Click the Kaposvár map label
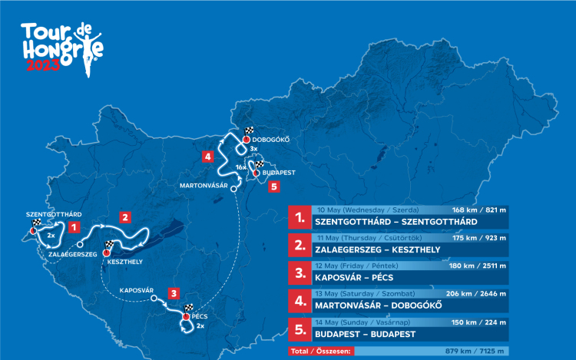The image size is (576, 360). pos(137,291)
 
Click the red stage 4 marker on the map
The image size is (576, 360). pos(208,157)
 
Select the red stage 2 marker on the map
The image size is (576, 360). pos(124,216)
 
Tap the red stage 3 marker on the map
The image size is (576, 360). pos(174,292)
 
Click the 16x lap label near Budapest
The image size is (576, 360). pos(240,167)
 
